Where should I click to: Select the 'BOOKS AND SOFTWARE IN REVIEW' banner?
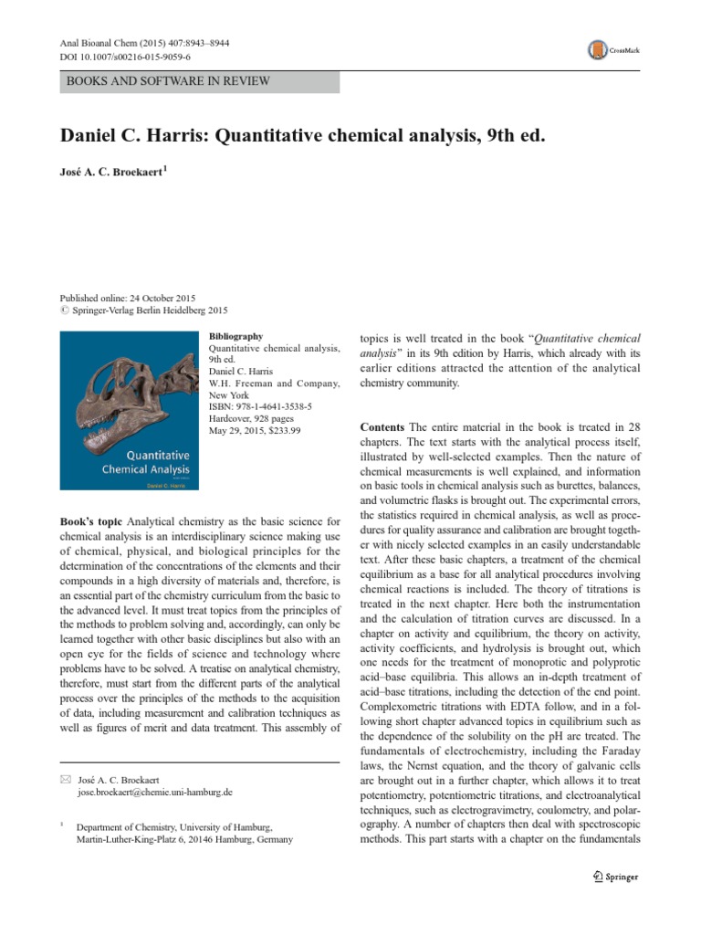(x=168, y=81)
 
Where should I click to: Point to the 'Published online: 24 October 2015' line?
(x=127, y=299)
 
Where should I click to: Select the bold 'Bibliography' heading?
(x=235, y=336)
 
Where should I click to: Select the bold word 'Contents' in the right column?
(x=382, y=427)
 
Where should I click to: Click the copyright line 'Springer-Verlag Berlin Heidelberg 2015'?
(x=154, y=310)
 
